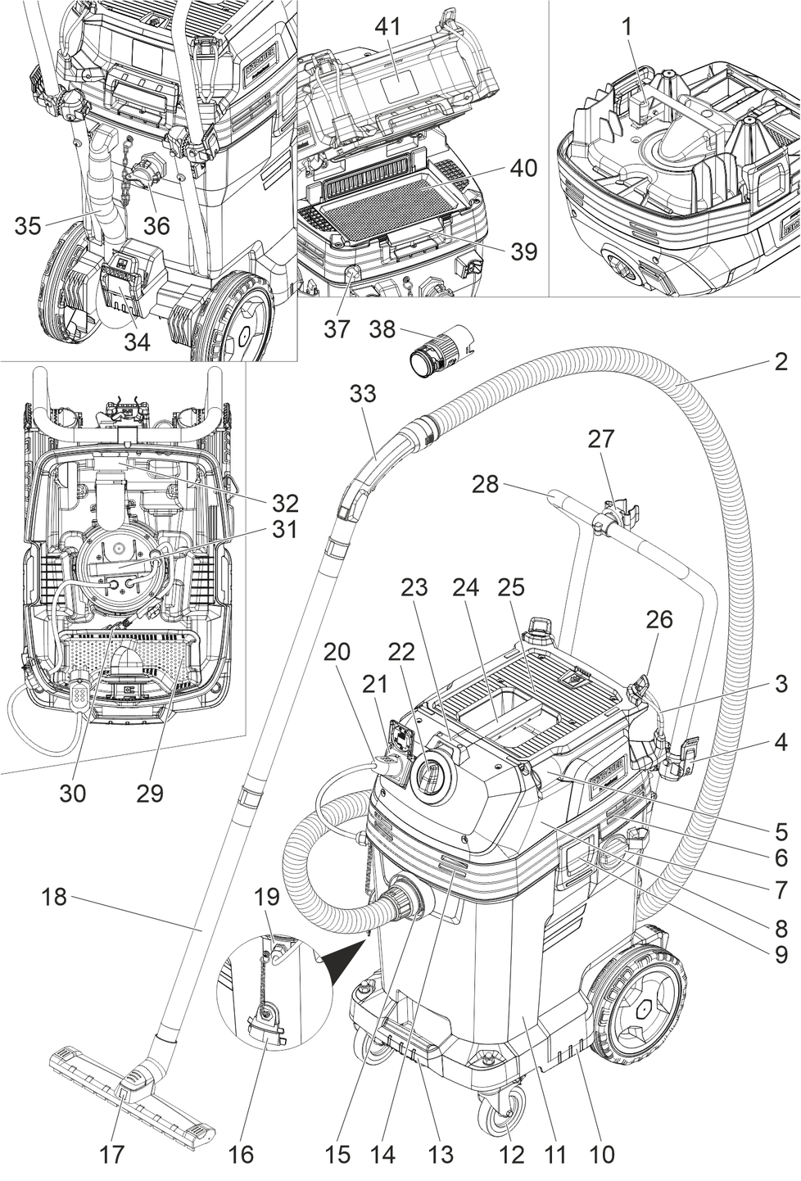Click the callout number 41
click(x=387, y=26)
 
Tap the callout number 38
click(x=382, y=329)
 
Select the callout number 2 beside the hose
click(x=781, y=361)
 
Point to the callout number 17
click(x=112, y=1155)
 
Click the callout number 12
click(x=511, y=1155)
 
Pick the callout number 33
click(x=363, y=394)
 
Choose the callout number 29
click(x=151, y=793)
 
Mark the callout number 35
click(x=28, y=226)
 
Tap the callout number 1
click(x=627, y=26)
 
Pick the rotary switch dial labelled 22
click(x=431, y=777)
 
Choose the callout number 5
click(x=781, y=829)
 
